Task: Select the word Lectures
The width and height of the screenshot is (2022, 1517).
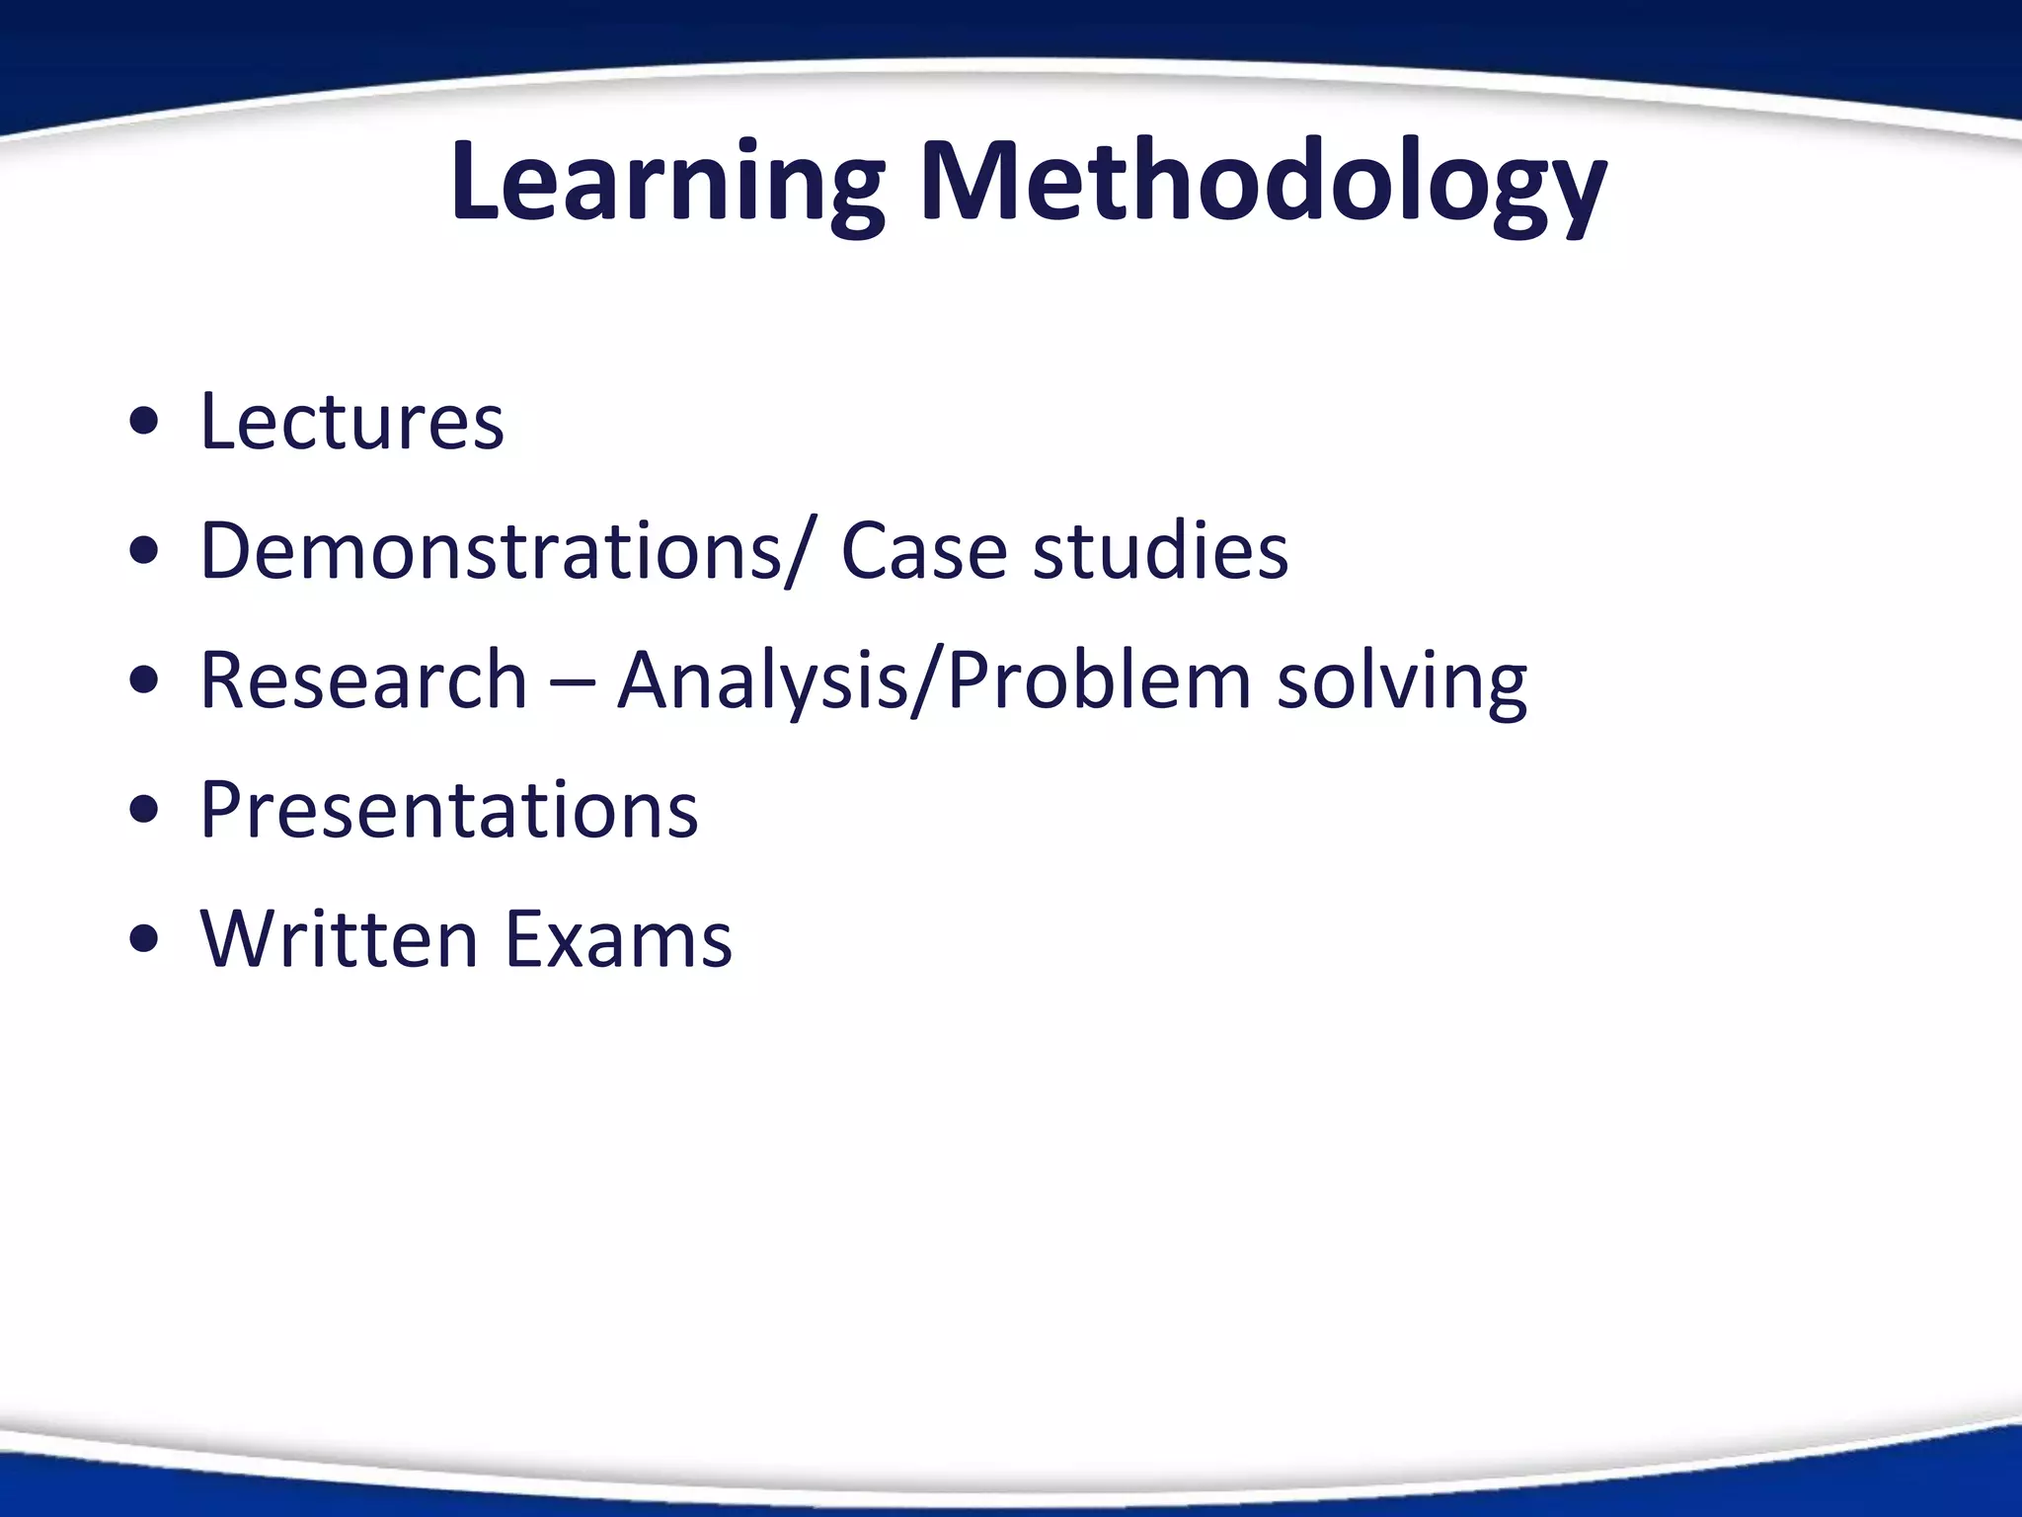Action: tap(352, 422)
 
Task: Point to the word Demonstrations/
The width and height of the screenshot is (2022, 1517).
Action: tap(505, 550)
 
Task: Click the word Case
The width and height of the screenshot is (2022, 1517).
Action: tap(923, 550)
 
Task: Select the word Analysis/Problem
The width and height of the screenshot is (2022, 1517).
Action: tap(935, 681)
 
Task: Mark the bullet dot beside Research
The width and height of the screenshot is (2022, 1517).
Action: tap(144, 682)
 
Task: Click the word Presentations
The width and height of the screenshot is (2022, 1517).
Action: tap(449, 810)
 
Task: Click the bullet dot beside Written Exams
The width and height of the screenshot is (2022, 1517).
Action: tap(144, 941)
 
